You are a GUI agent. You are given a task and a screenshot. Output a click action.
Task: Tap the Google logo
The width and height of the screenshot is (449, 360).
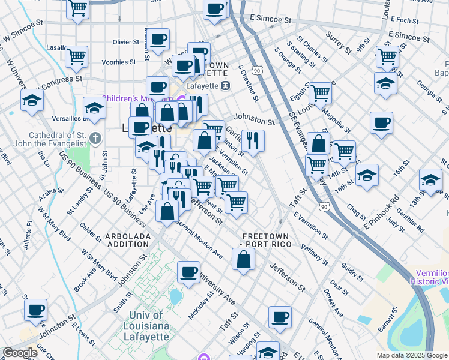click(20, 353)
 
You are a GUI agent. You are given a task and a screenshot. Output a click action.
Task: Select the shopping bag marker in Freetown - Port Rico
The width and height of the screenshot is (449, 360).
click(243, 260)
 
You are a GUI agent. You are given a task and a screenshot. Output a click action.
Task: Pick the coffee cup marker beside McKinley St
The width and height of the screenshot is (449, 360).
click(188, 272)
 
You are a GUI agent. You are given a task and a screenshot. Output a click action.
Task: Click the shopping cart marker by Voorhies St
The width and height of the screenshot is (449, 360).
click(76, 56)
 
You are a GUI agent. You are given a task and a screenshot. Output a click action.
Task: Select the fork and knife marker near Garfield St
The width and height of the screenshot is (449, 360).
click(253, 140)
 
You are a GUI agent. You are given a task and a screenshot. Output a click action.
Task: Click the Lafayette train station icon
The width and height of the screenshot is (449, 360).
click(226, 86)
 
